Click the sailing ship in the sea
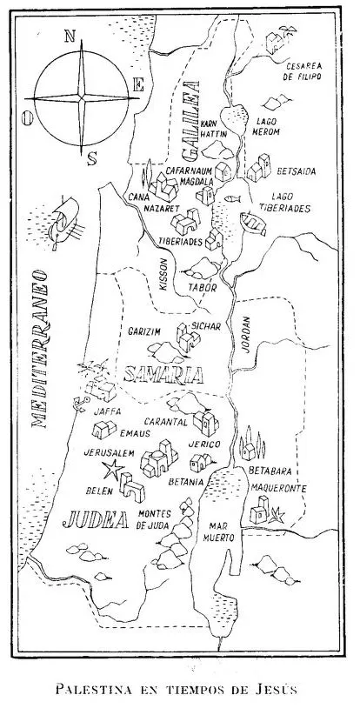tap(64, 224)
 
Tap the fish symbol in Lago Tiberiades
tap(232, 199)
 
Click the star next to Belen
tap(111, 471)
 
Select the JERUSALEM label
tap(109, 454)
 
